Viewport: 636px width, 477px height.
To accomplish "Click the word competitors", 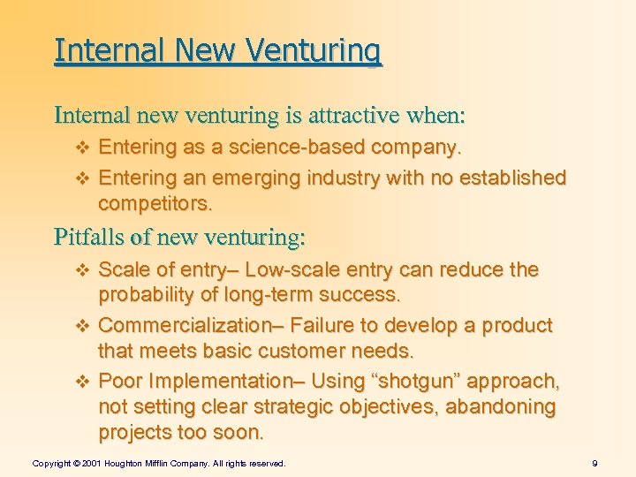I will [155, 204].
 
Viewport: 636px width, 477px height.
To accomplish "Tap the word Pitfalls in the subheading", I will [87, 237].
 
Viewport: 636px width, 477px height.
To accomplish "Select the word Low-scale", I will [295, 269].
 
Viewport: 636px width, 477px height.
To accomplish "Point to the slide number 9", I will [595, 463].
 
